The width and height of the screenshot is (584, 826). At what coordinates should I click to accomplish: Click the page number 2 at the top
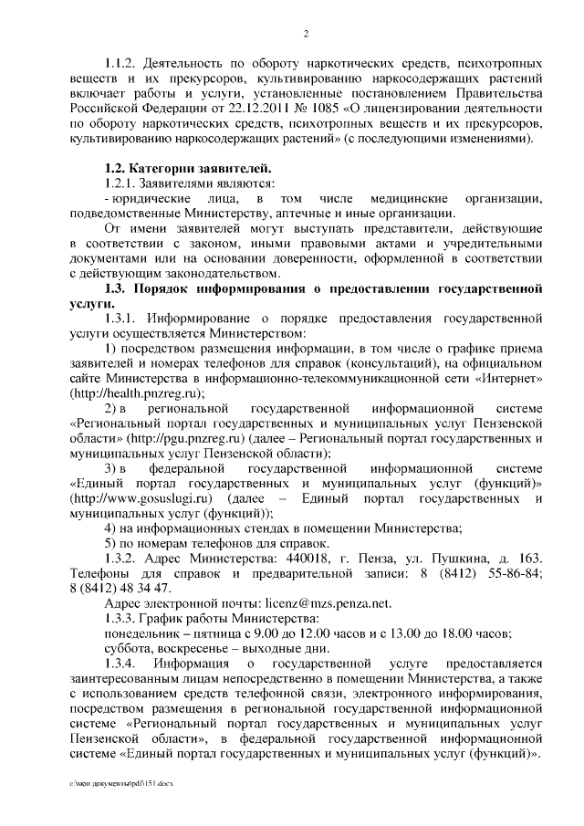[x=307, y=34]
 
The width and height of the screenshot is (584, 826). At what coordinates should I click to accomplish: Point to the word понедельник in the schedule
[x=146, y=635]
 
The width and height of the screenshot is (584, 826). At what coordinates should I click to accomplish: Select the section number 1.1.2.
[x=121, y=64]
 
